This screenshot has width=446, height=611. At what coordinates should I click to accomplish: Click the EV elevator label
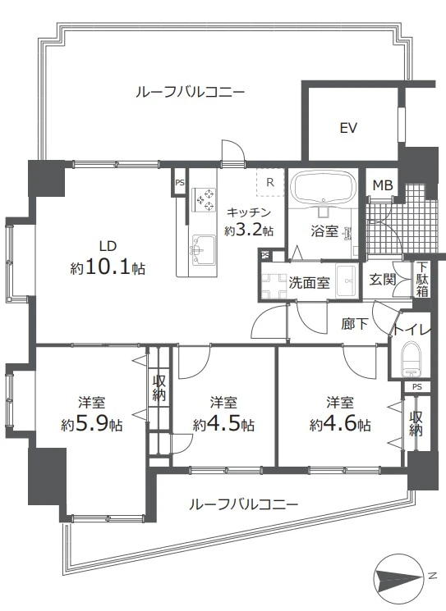[348, 128]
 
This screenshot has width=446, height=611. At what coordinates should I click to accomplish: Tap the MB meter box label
[383, 185]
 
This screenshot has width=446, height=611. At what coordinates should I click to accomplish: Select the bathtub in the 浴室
[324, 188]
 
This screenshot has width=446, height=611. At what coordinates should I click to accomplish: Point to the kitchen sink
[203, 250]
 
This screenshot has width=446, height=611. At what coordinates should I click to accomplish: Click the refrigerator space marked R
[270, 182]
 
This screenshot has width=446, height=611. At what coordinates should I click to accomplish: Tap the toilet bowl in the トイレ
[412, 359]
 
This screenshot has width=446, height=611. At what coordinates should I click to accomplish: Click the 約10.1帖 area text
[108, 268]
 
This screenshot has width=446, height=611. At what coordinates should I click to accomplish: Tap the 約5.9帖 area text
[92, 424]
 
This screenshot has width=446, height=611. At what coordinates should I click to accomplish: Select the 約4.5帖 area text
[223, 424]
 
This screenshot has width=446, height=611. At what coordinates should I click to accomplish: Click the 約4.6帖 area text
[340, 424]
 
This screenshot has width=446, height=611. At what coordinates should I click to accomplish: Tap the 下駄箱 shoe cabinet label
[422, 280]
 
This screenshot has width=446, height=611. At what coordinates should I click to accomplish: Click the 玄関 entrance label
[383, 279]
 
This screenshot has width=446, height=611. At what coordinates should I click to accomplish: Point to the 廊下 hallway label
[355, 323]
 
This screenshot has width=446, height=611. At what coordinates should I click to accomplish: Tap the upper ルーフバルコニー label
[190, 93]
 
